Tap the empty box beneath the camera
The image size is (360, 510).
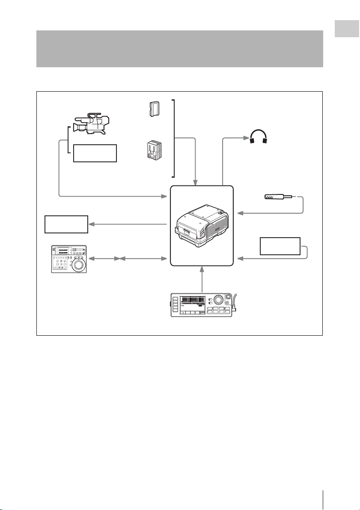tap(95, 153)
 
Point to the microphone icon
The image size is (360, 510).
tap(277, 197)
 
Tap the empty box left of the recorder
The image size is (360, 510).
tap(66, 224)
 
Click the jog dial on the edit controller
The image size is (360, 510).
tap(79, 265)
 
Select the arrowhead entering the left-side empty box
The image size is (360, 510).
tap(91, 224)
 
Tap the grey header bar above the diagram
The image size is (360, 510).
tap(179, 48)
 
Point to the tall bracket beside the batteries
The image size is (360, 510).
tap(174, 138)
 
